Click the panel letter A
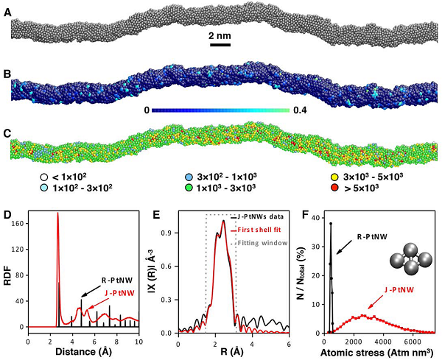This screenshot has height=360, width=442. coord(7,13)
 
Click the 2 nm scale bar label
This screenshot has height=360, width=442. coord(219,36)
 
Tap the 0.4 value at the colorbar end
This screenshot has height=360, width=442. coord(299,110)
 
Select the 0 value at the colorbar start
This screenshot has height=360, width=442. coord(147,110)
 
